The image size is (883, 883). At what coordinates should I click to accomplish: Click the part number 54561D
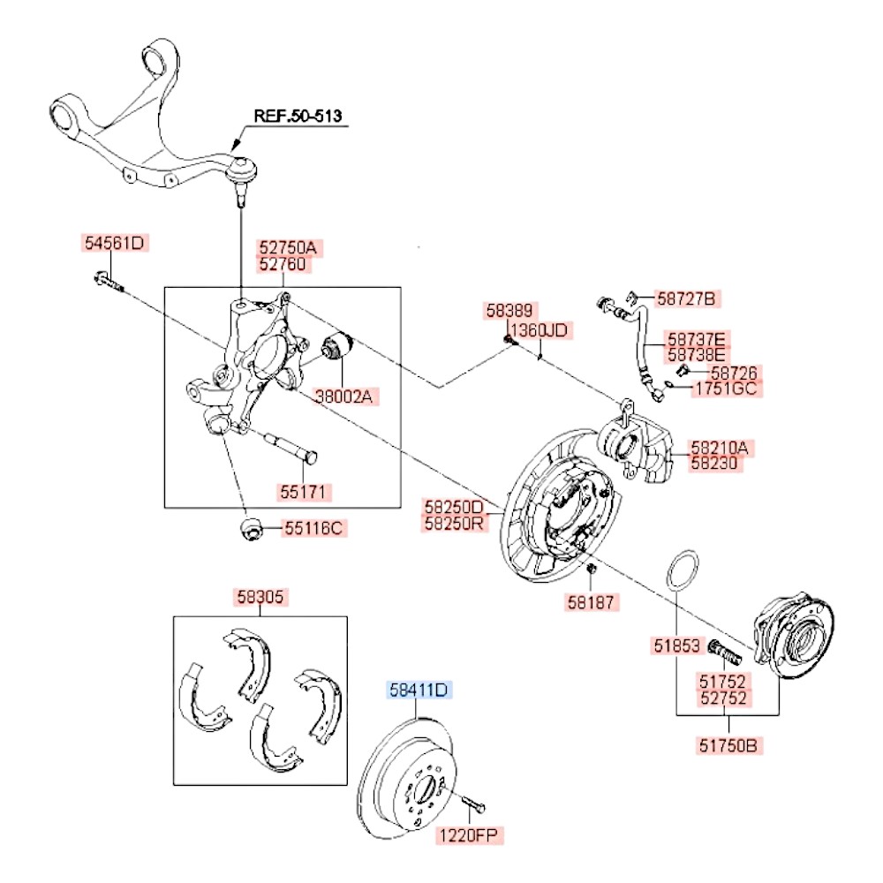112,243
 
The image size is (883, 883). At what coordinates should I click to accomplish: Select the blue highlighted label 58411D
421,690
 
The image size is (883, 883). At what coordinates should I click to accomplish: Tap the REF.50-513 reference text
298,116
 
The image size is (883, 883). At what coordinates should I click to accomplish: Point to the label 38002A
343,397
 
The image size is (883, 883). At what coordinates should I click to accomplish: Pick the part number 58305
260,597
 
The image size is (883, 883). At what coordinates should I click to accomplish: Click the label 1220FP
472,834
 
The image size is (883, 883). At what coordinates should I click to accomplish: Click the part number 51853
676,647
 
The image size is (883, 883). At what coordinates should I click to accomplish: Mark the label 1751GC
727,389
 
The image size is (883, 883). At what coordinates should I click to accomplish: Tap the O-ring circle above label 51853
682,573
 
